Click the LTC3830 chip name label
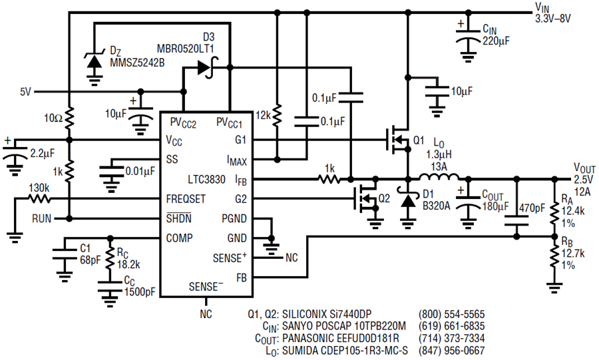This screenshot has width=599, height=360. (x=206, y=180)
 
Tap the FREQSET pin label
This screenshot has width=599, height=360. (x=186, y=199)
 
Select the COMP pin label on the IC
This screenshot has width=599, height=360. (x=179, y=238)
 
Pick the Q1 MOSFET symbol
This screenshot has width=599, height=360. (x=397, y=140)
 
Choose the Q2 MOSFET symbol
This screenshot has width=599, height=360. (x=365, y=198)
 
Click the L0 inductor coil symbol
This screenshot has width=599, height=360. (x=439, y=177)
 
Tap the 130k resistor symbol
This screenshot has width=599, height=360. (x=39, y=198)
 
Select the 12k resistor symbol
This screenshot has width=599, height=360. (x=278, y=115)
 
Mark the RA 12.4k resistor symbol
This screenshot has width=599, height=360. (x=554, y=214)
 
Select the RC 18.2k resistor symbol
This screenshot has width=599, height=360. (x=110, y=258)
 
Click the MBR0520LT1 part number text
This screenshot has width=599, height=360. (x=185, y=49)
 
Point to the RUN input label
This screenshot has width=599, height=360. (x=42, y=219)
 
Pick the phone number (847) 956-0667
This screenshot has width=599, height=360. (x=451, y=350)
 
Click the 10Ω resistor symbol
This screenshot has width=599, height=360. (x=69, y=118)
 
